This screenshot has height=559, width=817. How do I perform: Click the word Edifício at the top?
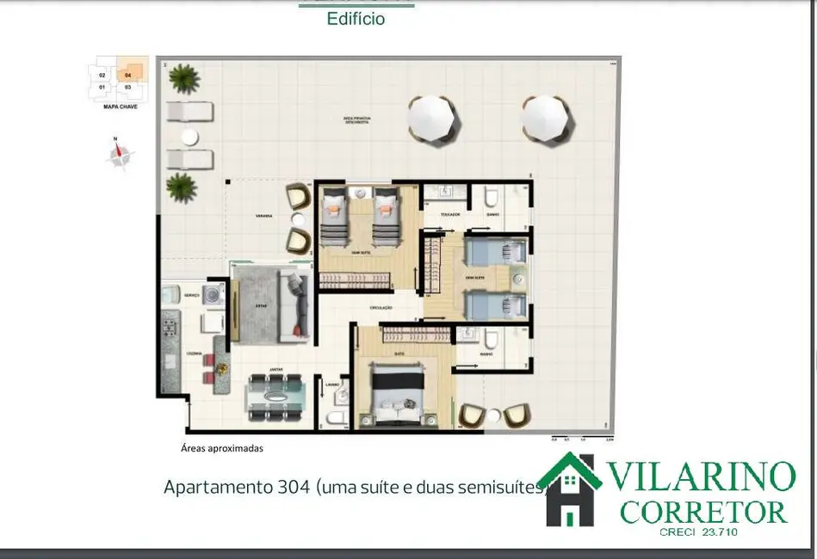click(356, 19)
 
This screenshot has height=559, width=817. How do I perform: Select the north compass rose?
click(120, 156)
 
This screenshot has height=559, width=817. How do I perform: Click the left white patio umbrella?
click(431, 119)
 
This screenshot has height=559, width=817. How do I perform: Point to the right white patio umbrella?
click(546, 119)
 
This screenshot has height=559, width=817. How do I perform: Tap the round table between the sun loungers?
click(189, 136)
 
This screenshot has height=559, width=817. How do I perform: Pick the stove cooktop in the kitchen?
click(169, 328)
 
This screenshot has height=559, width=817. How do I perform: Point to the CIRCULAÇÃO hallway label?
click(381, 307)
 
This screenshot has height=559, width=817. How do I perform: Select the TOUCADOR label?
click(450, 213)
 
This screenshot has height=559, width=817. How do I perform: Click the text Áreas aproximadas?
click(221, 448)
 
